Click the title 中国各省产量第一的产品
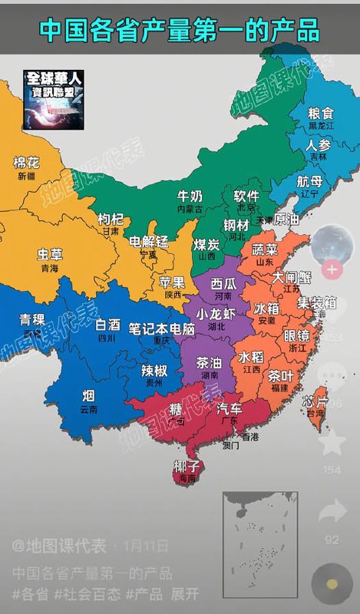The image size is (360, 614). coord(180,30)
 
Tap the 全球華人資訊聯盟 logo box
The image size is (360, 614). coord(54,99)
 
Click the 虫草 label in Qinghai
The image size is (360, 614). coord(50,255)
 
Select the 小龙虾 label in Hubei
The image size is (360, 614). coord(216,314)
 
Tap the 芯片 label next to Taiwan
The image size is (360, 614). coord(315,401)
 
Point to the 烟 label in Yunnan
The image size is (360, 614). coord(89,396)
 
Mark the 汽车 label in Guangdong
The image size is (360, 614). coord(230,408)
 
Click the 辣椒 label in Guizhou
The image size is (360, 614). coord(155,368)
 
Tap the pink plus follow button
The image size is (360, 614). coord(332,269)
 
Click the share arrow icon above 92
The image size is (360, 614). coord(332,510)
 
